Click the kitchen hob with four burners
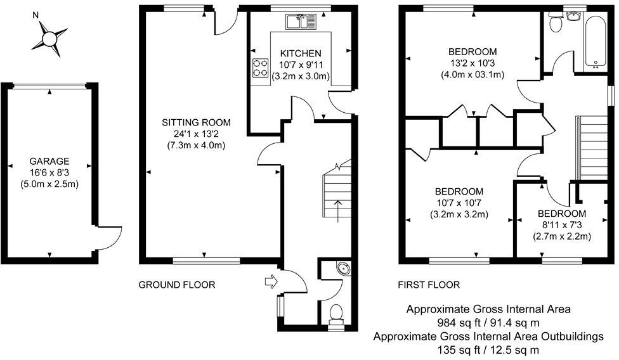point(260,68)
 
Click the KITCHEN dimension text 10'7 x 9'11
point(301,65)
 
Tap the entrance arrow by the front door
point(270,280)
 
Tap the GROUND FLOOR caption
point(177,285)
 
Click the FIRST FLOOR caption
point(429,285)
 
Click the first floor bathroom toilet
point(556,23)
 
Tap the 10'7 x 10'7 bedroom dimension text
point(459,203)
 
